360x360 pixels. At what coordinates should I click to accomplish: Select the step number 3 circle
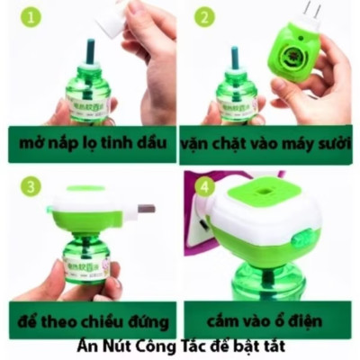(x=32, y=186)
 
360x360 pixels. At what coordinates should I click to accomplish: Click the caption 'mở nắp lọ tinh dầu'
(x=92, y=143)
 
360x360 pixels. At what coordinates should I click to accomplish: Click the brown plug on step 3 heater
(x=145, y=209)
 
